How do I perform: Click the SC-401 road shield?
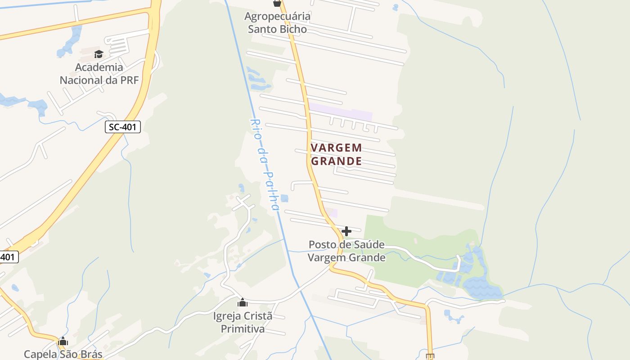point(123,127)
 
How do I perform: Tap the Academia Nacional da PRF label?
point(99,74)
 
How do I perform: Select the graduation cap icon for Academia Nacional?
point(99,54)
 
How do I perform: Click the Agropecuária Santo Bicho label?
point(277,23)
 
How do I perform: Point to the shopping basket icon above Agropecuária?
point(277,3)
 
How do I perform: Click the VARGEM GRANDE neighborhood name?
point(336,154)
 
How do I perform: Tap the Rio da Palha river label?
point(265,165)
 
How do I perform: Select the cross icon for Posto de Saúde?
point(346,232)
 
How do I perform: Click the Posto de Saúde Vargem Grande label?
point(346,251)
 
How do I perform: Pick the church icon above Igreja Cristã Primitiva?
point(243,302)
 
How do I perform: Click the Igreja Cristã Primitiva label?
point(243,322)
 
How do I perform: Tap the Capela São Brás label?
point(63,354)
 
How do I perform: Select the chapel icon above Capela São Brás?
point(63,341)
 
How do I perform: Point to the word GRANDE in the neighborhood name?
point(337,161)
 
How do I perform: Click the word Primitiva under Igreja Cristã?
point(243,329)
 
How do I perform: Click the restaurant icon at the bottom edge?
point(430,357)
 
